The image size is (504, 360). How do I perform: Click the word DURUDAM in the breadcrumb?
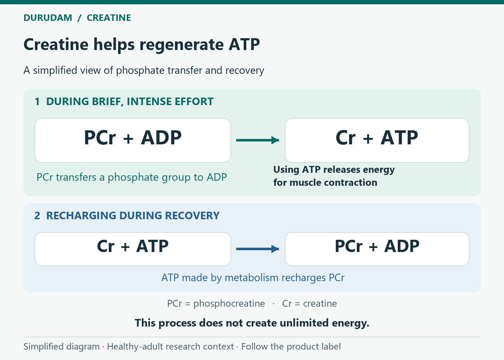pyautogui.click(x=48, y=18)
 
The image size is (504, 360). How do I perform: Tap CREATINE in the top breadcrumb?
pyautogui.click(x=109, y=18)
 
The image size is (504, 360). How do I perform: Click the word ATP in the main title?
pyautogui.click(x=244, y=44)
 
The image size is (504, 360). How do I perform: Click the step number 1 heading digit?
pyautogui.click(x=37, y=102)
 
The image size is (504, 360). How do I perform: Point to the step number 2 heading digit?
pyautogui.click(x=37, y=216)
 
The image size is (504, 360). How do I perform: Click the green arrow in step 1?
pyautogui.click(x=258, y=140)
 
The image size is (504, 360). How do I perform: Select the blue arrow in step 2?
pyautogui.click(x=258, y=249)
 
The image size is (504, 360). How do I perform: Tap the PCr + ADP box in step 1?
pyautogui.click(x=133, y=140)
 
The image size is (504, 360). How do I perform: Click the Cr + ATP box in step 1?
pyautogui.click(x=377, y=140)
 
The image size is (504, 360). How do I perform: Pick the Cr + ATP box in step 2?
pyautogui.click(x=133, y=249)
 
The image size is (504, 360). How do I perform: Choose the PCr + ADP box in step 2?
pyautogui.click(x=377, y=249)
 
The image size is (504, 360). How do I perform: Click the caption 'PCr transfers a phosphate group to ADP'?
pyautogui.click(x=132, y=177)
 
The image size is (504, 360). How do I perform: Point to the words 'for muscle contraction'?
pyautogui.click(x=325, y=183)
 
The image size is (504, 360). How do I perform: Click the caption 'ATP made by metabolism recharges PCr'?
pyautogui.click(x=253, y=278)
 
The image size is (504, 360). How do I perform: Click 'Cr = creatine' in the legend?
pyautogui.click(x=310, y=303)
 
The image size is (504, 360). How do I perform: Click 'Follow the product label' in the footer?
pyautogui.click(x=291, y=346)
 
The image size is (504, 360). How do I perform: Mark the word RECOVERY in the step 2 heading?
pyautogui.click(x=192, y=216)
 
